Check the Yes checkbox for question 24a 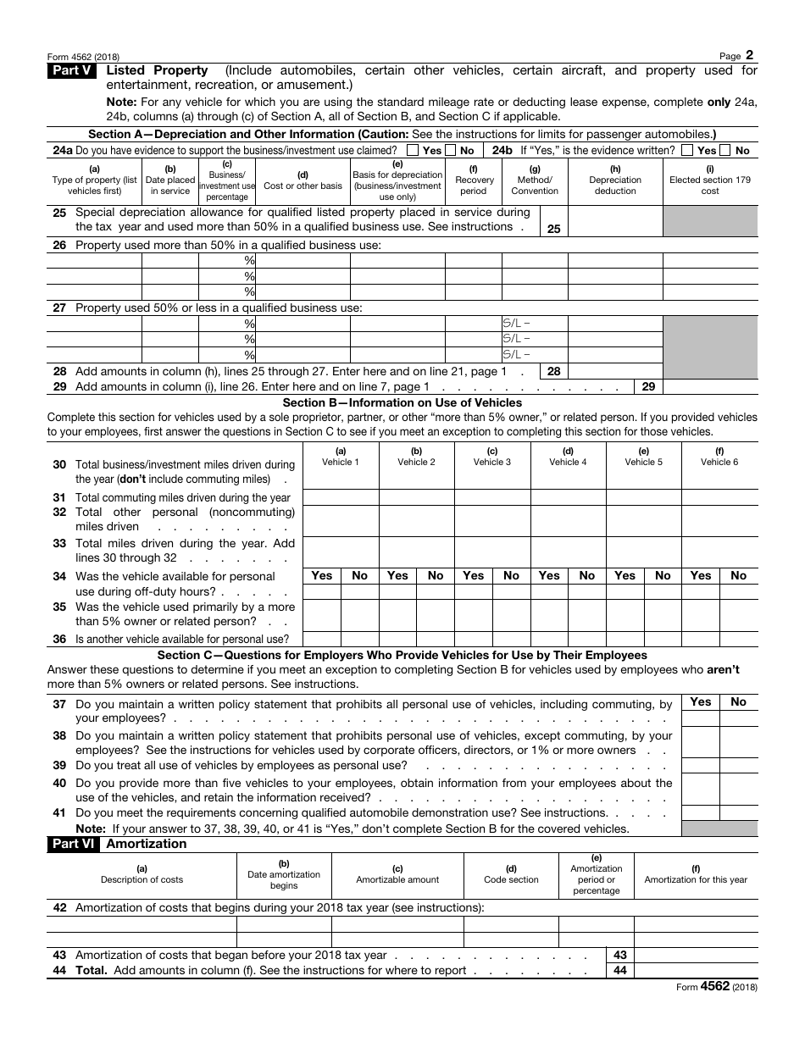tap(413, 151)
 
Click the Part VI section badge tap(73, 844)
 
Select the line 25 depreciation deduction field tap(614, 221)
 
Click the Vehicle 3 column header tap(492, 457)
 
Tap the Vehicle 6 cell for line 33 tap(719, 551)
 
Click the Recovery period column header tap(474, 180)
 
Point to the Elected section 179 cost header tap(709, 180)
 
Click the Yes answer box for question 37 tap(701, 718)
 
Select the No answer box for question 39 tap(738, 765)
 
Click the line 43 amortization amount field tap(695, 955)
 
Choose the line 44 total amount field tap(695, 970)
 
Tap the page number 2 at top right tap(749, 54)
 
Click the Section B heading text tap(402, 402)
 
